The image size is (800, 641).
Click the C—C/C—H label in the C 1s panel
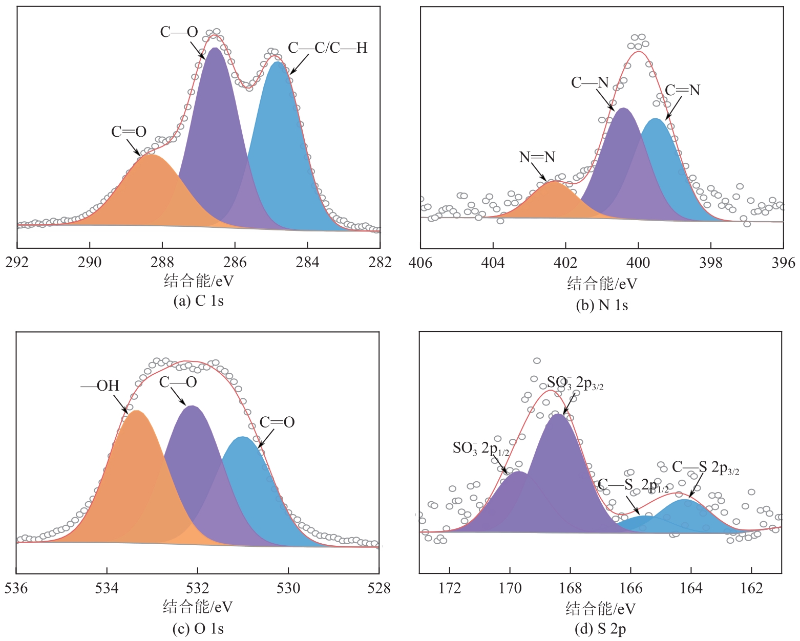(328, 48)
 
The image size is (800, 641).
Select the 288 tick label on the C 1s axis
(162, 262)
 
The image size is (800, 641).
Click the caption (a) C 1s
(199, 301)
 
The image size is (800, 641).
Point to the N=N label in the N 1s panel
(537, 157)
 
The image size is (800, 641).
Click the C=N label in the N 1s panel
(682, 90)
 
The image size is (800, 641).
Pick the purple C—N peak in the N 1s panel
(622, 164)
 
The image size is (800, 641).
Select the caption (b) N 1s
(602, 305)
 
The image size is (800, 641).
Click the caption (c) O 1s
(198, 628)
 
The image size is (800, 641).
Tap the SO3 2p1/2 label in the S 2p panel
(481, 448)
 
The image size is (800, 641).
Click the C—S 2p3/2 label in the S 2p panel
(705, 467)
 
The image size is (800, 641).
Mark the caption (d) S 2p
(601, 629)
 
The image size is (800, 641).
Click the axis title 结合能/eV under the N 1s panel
(602, 283)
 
